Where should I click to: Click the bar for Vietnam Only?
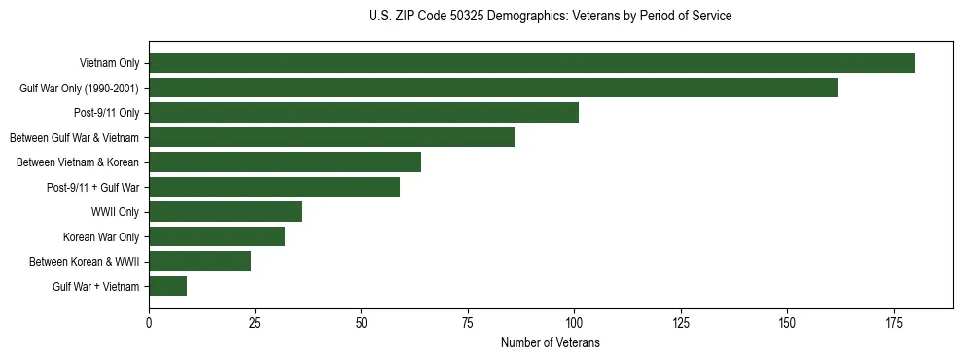point(531,63)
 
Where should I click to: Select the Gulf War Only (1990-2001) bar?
point(493,88)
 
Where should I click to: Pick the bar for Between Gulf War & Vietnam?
point(331,137)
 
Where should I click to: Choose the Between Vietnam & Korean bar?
point(284,162)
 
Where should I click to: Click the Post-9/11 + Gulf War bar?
point(273,187)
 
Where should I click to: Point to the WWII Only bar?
point(225,212)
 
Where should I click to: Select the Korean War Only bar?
point(216,236)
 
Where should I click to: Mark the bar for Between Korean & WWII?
point(199,262)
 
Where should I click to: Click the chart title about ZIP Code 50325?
point(550,17)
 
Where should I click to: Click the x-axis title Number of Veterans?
point(550,343)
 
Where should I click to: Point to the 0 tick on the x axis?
point(149,322)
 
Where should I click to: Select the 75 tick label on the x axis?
point(468,322)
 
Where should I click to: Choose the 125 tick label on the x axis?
point(680,322)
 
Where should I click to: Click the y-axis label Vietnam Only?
point(109,64)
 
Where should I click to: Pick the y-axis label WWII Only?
point(115,212)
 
